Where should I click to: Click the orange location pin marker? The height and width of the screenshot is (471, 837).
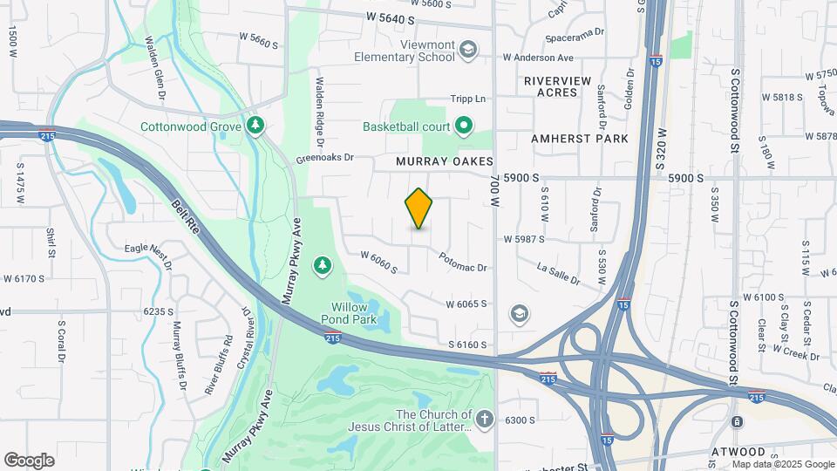click(x=418, y=208)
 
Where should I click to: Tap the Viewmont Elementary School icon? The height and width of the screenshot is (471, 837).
click(x=468, y=49)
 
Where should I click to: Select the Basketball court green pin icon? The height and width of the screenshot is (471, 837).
click(x=464, y=127)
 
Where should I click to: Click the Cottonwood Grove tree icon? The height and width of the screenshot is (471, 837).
click(x=255, y=126)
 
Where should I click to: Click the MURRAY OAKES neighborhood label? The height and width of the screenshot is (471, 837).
click(x=445, y=162)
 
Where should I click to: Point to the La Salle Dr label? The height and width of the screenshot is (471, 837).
click(x=558, y=273)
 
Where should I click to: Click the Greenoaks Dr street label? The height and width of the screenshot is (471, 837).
click(x=324, y=158)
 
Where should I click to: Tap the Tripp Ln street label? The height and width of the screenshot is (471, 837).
click(x=467, y=99)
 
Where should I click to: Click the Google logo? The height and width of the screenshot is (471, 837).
click(x=29, y=460)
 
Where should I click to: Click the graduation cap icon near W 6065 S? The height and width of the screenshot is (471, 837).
click(x=520, y=313)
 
